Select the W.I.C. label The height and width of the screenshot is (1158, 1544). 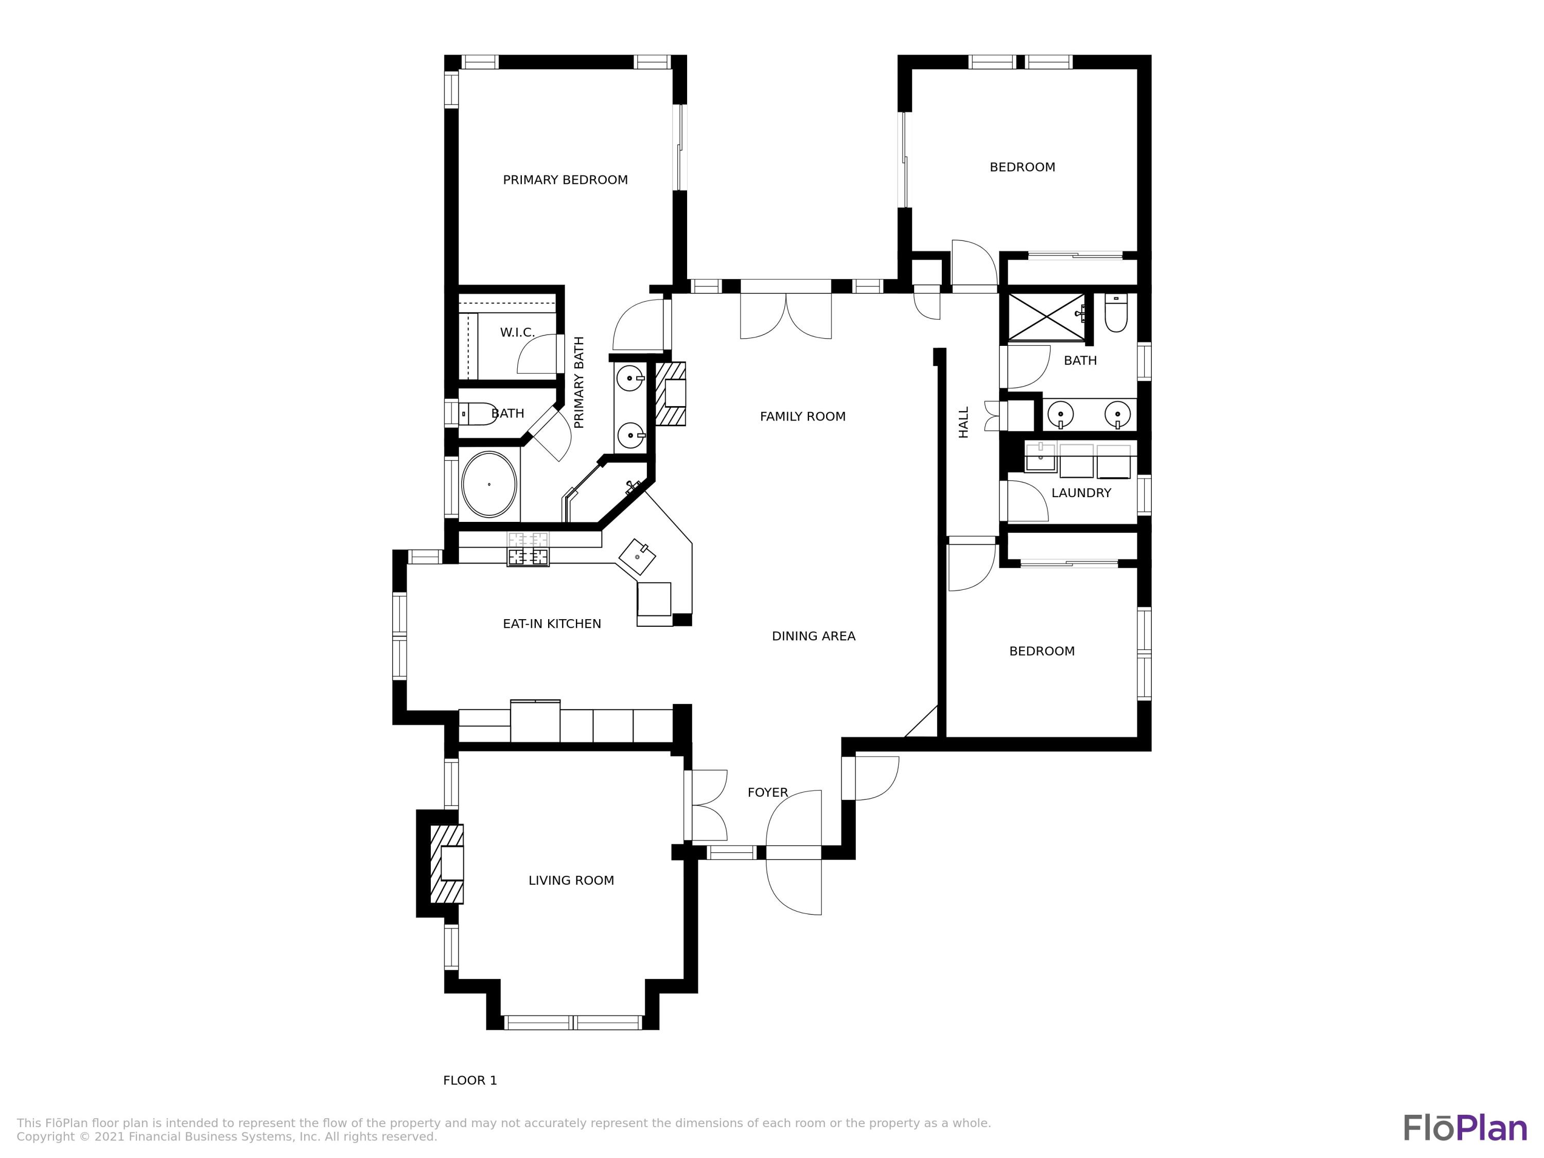(517, 332)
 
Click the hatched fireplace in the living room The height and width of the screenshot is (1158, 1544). (447, 864)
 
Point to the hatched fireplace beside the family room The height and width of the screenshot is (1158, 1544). (671, 394)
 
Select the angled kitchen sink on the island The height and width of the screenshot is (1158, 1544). (637, 556)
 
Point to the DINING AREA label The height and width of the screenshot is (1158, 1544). (813, 636)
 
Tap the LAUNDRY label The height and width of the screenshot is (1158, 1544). (1080, 493)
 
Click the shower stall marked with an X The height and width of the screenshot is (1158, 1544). (1046, 317)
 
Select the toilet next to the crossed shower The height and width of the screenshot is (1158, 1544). (1116, 314)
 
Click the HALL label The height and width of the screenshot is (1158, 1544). (964, 423)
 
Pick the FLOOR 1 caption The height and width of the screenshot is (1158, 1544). (470, 1080)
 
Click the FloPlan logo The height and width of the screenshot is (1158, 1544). (1464, 1128)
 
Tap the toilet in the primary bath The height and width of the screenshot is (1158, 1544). (478, 414)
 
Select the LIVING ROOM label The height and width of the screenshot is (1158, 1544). (571, 881)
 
